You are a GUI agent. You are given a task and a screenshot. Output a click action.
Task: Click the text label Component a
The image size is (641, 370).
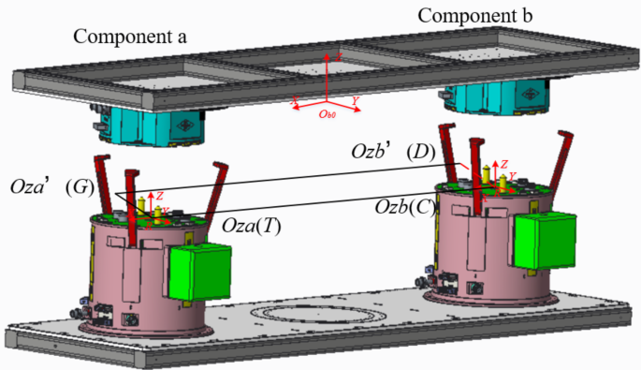point(131,37)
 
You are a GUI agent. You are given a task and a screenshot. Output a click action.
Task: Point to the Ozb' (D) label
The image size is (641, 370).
point(388,151)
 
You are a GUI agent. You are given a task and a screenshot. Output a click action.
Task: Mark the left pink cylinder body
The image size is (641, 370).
point(131,281)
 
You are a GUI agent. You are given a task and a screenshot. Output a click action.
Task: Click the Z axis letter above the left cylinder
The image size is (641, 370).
point(160,195)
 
